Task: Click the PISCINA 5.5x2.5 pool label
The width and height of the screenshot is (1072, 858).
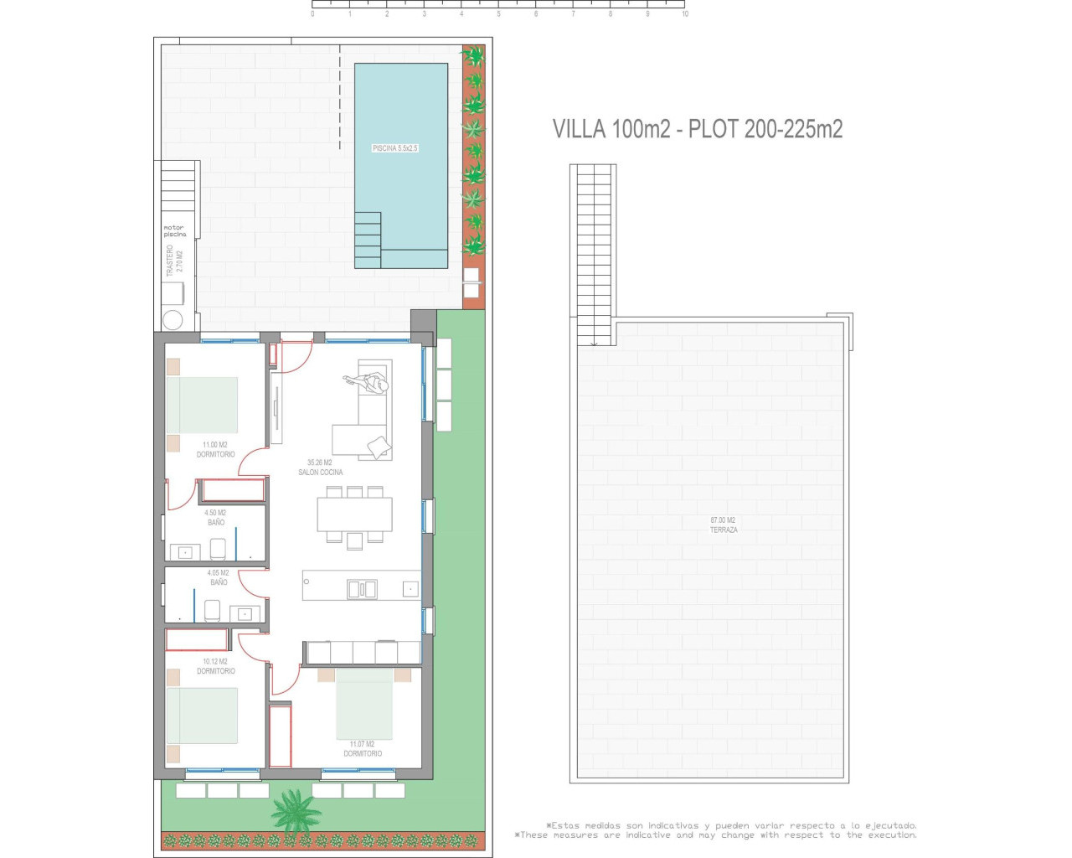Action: [394, 148]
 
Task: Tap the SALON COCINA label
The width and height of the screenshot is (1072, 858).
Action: [320, 468]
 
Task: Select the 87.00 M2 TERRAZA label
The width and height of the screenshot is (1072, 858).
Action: [724, 525]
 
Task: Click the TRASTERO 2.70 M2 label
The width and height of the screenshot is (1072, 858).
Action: [174, 261]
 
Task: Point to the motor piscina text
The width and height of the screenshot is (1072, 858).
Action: [174, 230]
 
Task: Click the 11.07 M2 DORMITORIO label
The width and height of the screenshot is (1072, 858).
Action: [363, 749]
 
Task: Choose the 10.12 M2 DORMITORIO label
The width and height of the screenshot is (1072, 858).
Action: [215, 666]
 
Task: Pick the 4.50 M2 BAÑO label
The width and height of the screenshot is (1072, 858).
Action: [215, 517]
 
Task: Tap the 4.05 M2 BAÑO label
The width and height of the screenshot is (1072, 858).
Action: [218, 577]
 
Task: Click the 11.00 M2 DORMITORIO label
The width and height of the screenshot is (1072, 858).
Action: [215, 450]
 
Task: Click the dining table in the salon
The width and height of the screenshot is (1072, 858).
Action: [354, 514]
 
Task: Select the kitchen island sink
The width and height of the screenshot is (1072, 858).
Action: [362, 589]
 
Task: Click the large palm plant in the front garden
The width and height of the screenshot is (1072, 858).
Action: [295, 810]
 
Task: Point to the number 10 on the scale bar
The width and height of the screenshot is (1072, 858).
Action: [685, 14]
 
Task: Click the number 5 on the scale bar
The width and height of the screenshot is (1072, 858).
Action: [498, 14]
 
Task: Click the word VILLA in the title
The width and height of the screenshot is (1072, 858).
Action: [579, 129]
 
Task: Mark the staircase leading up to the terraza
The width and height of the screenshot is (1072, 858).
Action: [595, 251]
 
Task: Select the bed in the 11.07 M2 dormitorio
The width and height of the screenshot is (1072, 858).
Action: [364, 704]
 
